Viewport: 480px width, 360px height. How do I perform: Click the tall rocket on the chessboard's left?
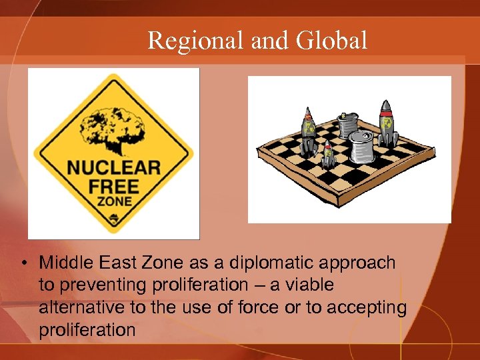(x=309, y=131)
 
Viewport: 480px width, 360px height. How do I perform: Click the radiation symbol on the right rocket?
(x=386, y=125)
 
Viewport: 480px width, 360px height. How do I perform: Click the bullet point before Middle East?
(x=24, y=263)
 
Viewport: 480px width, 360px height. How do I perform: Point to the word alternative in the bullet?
(x=75, y=307)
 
